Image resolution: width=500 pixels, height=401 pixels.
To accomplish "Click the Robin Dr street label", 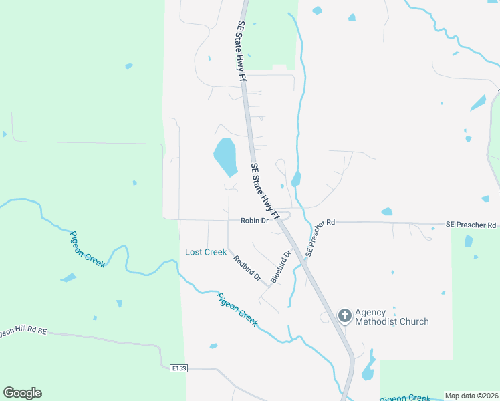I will pyautogui.click(x=254, y=220).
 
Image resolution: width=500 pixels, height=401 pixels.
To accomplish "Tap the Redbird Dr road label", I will pyautogui.click(x=247, y=267).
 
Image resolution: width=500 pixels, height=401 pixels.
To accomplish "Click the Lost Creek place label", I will pyautogui.click(x=206, y=252).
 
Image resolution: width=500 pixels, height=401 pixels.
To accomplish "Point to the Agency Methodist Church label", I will pyautogui.click(x=391, y=317).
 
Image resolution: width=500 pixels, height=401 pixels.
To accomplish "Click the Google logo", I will pyautogui.click(x=22, y=393).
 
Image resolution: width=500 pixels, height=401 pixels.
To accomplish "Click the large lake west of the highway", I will pyautogui.click(x=225, y=156).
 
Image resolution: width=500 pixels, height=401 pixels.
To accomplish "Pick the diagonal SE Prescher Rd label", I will pyautogui.click(x=319, y=239).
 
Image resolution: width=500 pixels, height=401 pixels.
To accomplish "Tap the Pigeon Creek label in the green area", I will pyautogui.click(x=88, y=249).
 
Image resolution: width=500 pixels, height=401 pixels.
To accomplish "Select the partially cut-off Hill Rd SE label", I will pyautogui.click(x=23, y=331).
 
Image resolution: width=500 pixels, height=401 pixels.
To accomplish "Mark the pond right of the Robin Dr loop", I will pyautogui.click(x=296, y=178).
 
